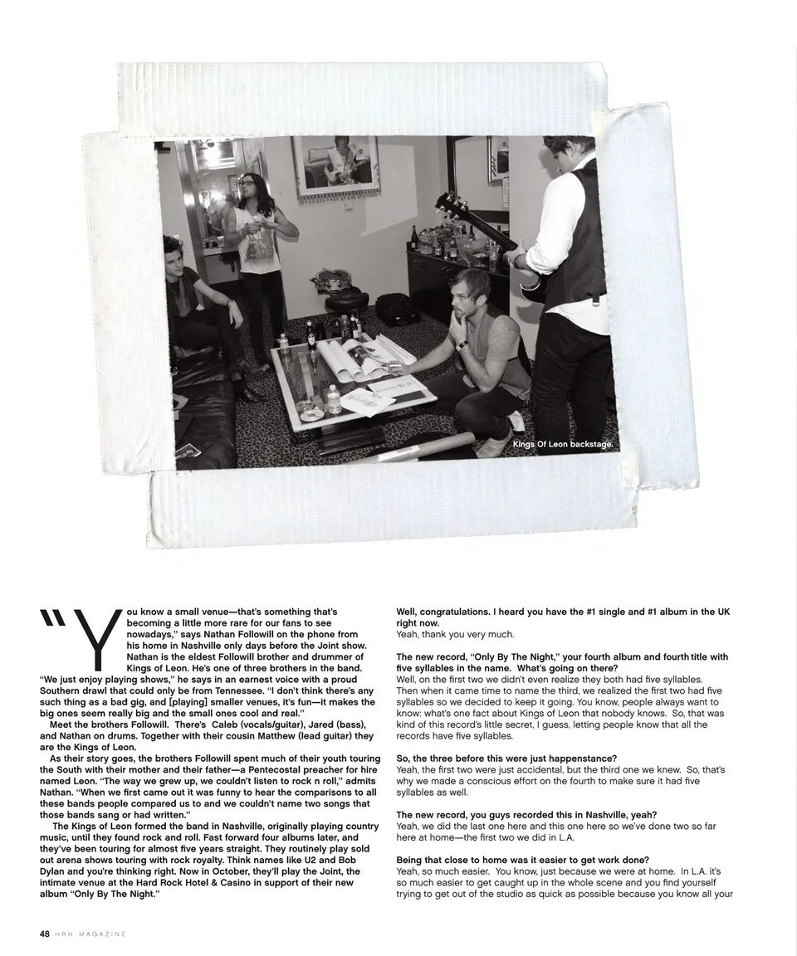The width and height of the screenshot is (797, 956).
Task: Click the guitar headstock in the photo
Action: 449,203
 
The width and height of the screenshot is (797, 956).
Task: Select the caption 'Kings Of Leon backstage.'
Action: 563,445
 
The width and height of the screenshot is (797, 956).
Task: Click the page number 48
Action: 44,934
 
